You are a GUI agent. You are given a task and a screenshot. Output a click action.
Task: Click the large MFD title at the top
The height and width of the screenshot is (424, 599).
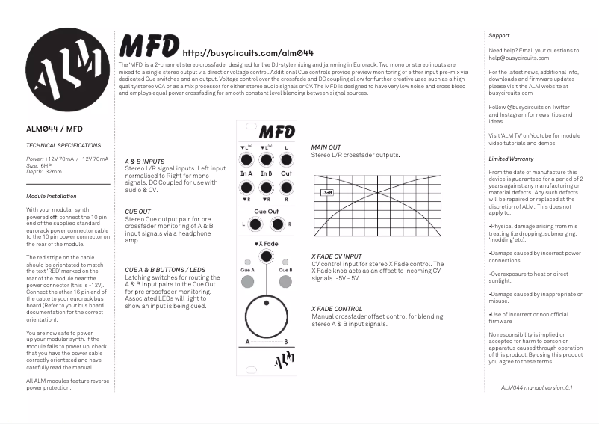coord(149,46)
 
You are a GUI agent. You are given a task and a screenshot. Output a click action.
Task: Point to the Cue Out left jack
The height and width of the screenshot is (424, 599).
coord(254,224)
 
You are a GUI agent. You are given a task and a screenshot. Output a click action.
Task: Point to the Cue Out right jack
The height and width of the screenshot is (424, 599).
coord(278,224)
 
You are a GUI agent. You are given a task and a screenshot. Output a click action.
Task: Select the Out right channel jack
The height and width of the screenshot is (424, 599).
coord(287,187)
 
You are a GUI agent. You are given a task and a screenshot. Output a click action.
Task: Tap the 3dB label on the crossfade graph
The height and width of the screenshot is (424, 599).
coord(327,192)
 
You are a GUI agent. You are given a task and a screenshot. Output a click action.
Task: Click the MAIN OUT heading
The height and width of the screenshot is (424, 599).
coord(326,147)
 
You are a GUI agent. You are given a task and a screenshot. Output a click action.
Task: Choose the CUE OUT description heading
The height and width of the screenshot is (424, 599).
coord(137,212)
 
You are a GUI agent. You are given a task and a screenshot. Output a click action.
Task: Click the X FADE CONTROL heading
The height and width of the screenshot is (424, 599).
coord(337,308)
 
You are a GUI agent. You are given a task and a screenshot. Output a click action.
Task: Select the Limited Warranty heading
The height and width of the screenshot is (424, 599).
coord(511,159)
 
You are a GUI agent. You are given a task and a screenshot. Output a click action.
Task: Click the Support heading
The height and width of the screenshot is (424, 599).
coord(499,36)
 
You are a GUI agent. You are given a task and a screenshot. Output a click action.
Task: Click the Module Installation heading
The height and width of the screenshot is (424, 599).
coord(52,196)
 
